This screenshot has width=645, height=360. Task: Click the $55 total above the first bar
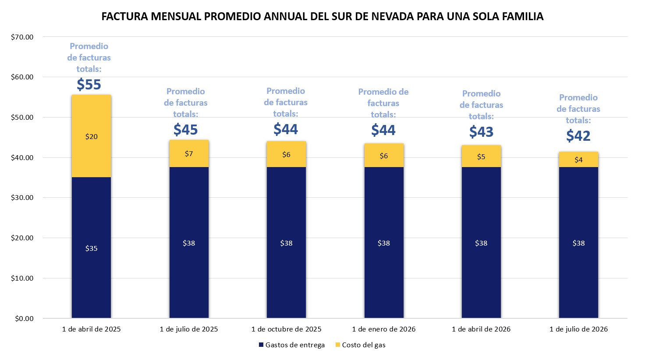(x=89, y=84)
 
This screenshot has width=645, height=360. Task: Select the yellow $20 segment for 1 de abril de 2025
(x=91, y=136)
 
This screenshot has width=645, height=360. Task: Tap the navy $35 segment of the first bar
(x=91, y=248)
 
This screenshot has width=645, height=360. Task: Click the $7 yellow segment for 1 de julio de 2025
(x=189, y=154)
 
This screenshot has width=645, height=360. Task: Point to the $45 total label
(x=186, y=129)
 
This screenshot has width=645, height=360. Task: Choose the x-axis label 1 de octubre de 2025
(x=286, y=329)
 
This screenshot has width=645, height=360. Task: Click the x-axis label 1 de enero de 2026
(x=384, y=329)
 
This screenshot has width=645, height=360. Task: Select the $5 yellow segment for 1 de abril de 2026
(x=481, y=157)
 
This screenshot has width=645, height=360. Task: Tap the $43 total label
(x=481, y=132)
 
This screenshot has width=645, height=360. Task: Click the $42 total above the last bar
(x=578, y=135)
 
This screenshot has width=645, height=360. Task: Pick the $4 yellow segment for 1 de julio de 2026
(x=578, y=160)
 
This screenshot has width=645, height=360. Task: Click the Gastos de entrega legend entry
(x=292, y=345)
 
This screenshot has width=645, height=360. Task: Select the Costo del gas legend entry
(x=361, y=345)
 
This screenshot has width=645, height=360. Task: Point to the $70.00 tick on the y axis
(x=22, y=37)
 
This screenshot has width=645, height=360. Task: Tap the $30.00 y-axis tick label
(x=22, y=198)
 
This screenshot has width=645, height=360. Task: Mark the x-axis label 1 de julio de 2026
(x=578, y=329)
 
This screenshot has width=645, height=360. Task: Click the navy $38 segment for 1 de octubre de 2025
(x=286, y=243)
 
